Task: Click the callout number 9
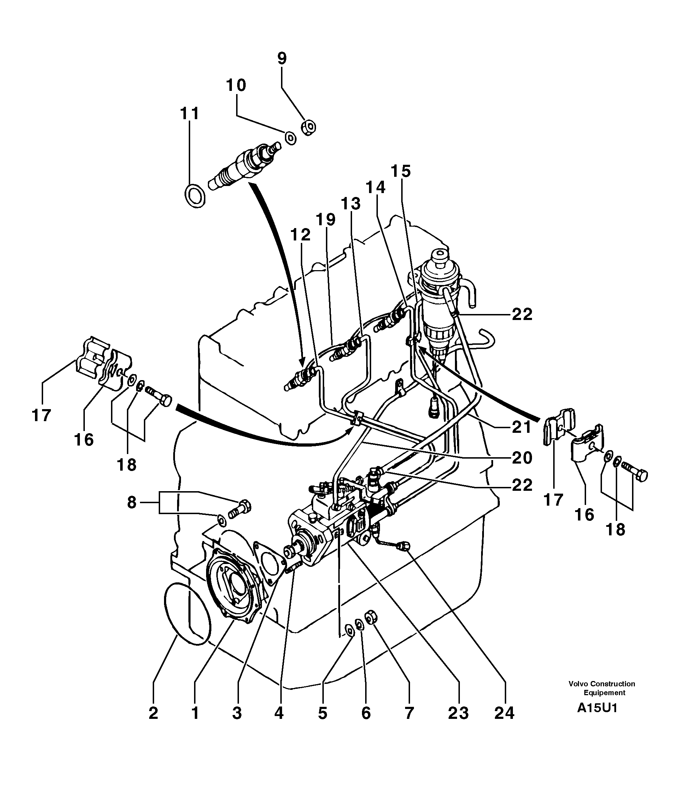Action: coord(282,59)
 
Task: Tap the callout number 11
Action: coord(189,114)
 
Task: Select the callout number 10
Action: coord(236,85)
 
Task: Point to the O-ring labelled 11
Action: coord(195,196)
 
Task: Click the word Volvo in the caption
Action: coord(579,684)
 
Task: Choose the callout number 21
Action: coord(522,427)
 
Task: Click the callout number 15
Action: coord(401,171)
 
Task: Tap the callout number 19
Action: coord(326,220)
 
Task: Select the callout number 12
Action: coord(300,234)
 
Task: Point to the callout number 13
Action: coord(351,204)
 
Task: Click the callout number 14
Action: coord(375,187)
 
